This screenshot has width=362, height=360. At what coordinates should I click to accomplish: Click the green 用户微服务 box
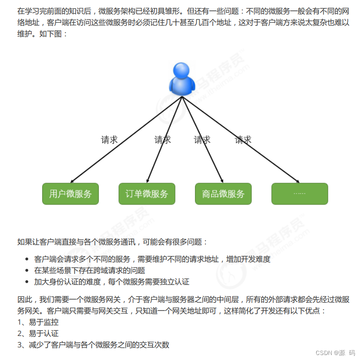pos(70,194)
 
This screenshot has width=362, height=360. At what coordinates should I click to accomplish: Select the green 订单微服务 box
pos(147,194)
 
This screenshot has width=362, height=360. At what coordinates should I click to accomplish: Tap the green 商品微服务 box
pos(223,194)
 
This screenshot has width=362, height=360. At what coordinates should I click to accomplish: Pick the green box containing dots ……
pos(299,194)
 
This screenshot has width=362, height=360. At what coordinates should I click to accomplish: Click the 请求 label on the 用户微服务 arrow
pos(109,140)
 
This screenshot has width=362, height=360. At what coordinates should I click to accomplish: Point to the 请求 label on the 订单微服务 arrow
pos(162,140)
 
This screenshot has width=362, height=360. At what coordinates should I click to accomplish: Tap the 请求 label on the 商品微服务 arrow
pos(202,140)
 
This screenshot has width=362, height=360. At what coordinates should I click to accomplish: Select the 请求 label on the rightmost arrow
pos(243,140)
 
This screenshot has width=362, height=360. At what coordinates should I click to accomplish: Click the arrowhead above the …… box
pos(297,181)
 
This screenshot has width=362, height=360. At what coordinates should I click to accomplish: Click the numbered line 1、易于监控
pos(38,322)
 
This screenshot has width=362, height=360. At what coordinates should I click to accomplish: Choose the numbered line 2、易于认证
pos(38,334)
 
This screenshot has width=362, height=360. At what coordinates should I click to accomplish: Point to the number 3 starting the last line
pos(20,345)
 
